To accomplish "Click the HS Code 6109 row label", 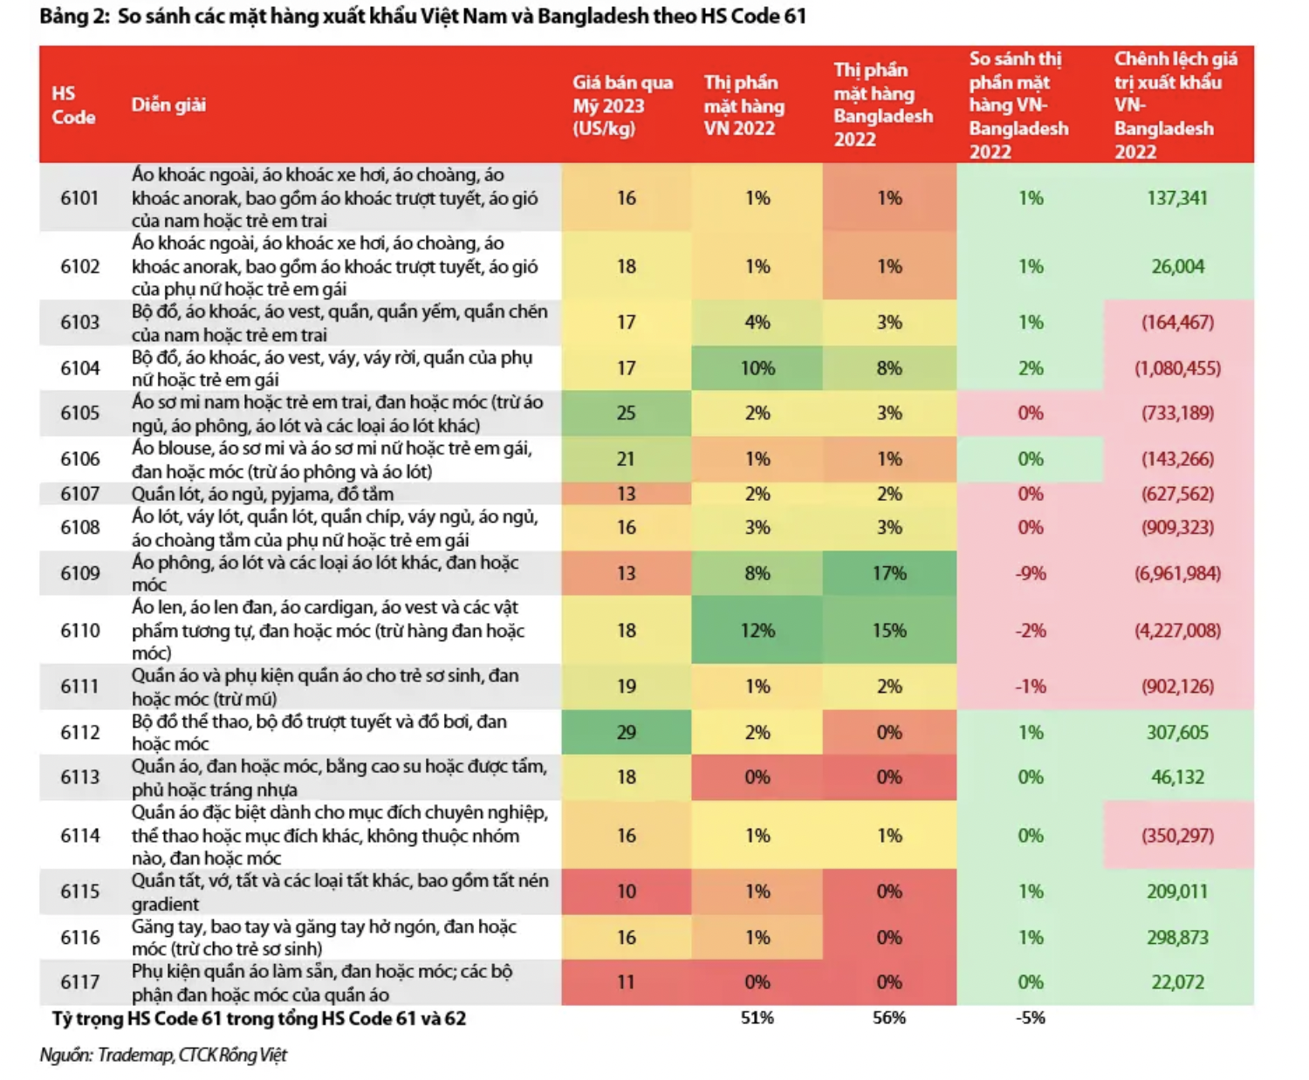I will [79, 573].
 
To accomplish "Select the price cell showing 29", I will [626, 732].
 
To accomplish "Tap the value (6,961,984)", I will [1177, 573].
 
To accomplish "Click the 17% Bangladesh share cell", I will [888, 573].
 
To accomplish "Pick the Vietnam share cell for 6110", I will [757, 630].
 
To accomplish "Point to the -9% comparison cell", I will [1030, 573].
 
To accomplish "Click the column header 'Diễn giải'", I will [168, 106].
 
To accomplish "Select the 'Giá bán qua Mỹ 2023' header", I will [622, 106].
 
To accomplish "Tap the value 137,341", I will [1177, 198].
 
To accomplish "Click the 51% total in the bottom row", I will [757, 1018].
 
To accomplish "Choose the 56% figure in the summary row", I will [888, 1018].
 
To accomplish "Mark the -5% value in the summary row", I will [1030, 1018].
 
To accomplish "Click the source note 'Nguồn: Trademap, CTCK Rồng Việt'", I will [163, 1056].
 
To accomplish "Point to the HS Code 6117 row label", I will [79, 982].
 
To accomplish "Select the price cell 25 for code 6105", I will [626, 413].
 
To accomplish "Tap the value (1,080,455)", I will [1177, 368].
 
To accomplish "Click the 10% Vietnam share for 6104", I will [757, 368].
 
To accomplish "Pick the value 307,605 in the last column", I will [1177, 732].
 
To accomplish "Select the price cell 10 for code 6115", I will [626, 892].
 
